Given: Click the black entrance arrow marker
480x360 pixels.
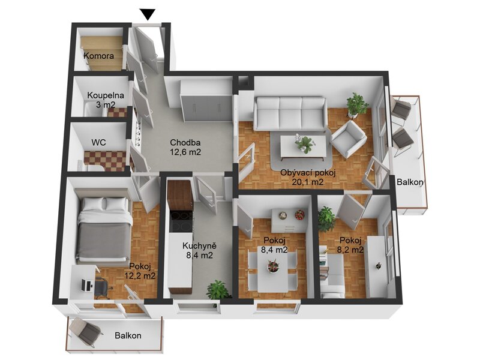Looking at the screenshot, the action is [x=148, y=14].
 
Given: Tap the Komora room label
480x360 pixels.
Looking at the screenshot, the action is [x=98, y=56].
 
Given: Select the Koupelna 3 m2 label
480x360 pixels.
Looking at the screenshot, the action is [x=106, y=100].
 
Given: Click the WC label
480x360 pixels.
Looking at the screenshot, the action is [x=99, y=142].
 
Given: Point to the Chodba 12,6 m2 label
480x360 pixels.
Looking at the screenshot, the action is [x=185, y=147].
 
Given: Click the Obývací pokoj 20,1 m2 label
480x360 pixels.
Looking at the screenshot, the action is [x=308, y=177].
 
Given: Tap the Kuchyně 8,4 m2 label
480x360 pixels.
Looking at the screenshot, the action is [x=200, y=250].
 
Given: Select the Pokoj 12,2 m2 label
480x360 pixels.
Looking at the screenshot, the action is [x=140, y=271].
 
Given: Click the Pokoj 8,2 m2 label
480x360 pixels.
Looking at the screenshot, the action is [x=350, y=245].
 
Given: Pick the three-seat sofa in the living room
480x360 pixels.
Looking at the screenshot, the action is [x=289, y=113].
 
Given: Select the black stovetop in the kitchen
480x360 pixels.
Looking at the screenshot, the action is [x=182, y=221].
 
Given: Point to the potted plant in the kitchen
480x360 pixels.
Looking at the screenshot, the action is [x=219, y=290].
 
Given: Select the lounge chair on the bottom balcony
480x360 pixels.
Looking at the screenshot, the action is [x=85, y=332].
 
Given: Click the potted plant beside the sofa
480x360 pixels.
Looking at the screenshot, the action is [x=356, y=105].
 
